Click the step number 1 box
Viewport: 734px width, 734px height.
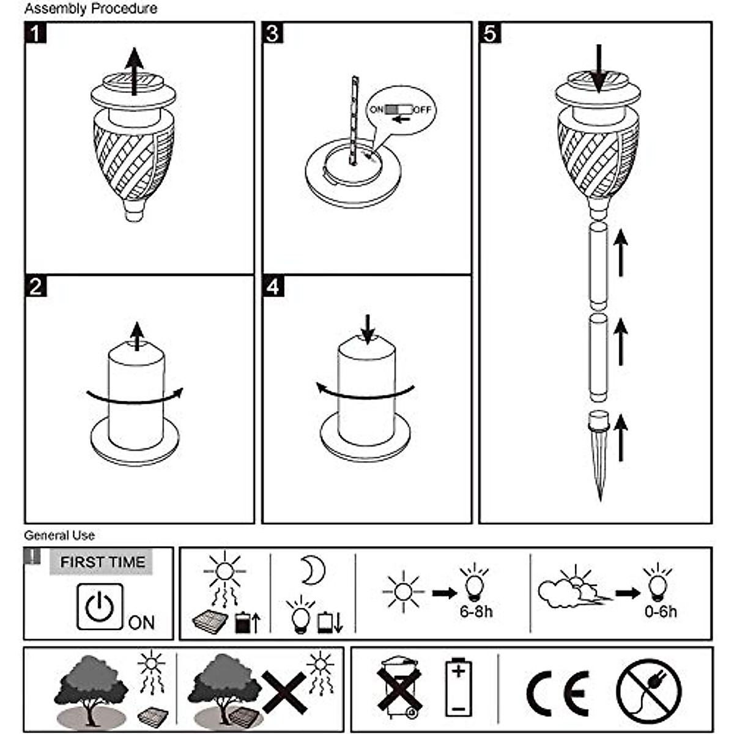(x=35, y=33)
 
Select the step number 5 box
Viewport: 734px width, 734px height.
(x=490, y=33)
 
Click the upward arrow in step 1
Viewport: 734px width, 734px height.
(x=134, y=72)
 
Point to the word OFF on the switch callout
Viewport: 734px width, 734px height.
(x=423, y=109)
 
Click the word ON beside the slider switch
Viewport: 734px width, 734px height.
(x=377, y=109)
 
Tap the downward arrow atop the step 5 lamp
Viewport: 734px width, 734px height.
(x=599, y=69)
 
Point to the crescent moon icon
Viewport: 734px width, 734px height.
(x=314, y=570)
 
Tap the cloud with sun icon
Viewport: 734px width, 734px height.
(x=573, y=588)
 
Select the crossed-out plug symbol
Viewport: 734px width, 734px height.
(x=649, y=691)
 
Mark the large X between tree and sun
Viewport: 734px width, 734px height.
(x=284, y=692)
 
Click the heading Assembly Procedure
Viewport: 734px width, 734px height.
(x=91, y=9)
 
